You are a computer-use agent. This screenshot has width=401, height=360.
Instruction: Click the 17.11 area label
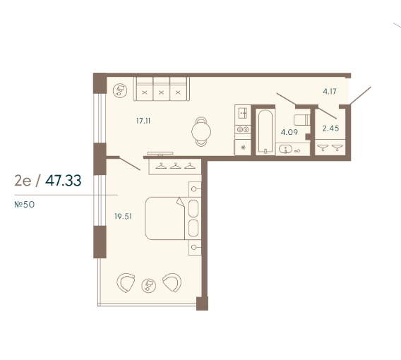[143, 121]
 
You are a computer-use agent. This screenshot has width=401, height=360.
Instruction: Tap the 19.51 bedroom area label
[123, 217]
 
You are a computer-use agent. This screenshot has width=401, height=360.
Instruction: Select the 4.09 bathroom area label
[289, 132]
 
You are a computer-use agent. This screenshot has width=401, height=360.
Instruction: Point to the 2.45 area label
[330, 128]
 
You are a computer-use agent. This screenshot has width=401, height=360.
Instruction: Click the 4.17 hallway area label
[330, 91]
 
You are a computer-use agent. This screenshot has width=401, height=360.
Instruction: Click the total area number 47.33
[63, 181]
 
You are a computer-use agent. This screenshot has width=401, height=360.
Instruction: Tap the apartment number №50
[25, 205]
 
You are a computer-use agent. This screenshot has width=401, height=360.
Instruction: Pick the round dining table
[201, 132]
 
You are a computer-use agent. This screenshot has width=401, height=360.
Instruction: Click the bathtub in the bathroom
[265, 132]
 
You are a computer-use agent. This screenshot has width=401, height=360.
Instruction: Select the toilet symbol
[302, 120]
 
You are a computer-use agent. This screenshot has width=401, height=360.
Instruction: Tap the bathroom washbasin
[285, 149]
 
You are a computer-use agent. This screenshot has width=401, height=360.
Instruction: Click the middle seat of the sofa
[161, 89]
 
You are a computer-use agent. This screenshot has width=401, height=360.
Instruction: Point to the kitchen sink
[242, 113]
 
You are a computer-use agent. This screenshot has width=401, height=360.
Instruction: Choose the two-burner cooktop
[243, 130]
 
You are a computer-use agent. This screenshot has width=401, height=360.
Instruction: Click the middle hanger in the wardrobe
[175, 166]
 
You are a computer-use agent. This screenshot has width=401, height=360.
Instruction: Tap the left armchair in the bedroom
[125, 282]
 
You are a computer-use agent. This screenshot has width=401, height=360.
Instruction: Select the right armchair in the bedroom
[173, 282]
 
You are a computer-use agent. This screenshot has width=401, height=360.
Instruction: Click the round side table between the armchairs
[148, 285]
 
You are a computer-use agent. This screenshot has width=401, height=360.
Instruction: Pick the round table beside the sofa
[120, 90]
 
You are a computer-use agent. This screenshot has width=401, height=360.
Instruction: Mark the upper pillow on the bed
[193, 208]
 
